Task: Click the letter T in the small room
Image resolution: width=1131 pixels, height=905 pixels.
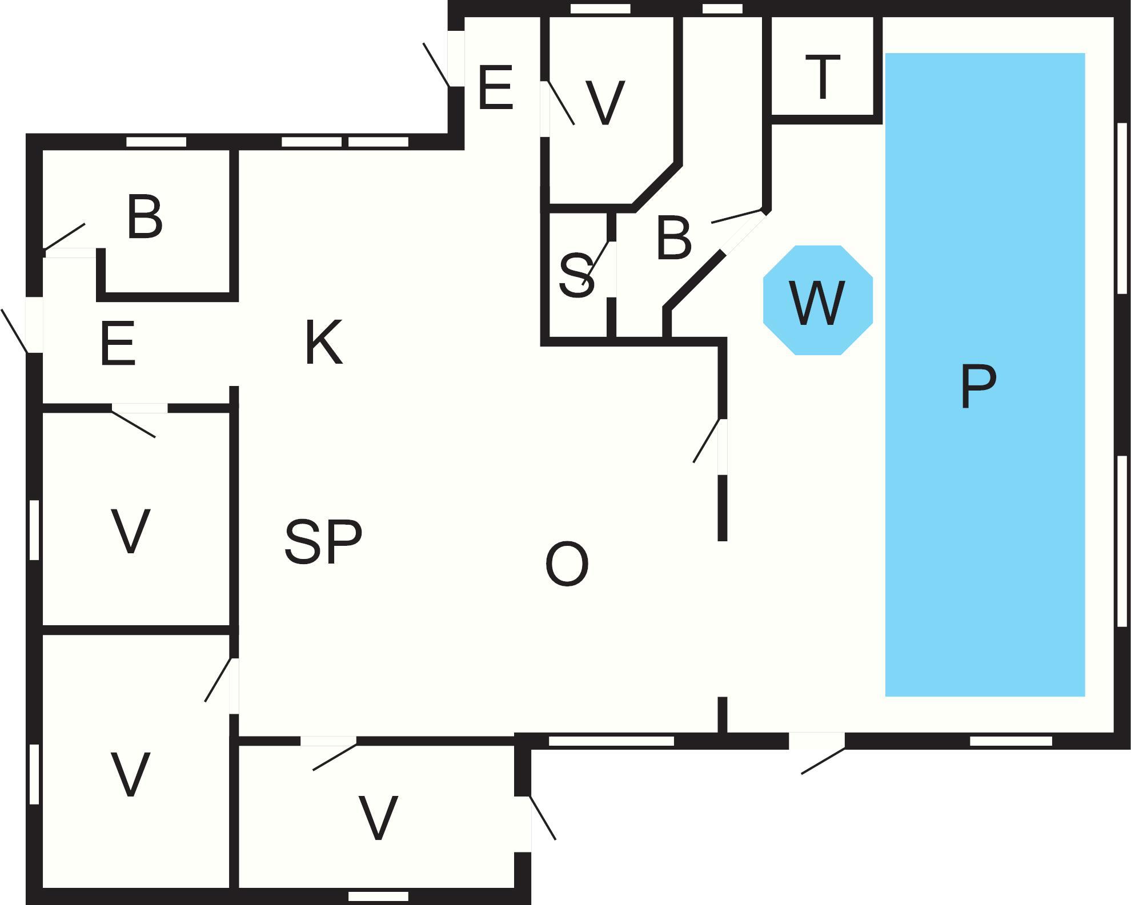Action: (x=823, y=77)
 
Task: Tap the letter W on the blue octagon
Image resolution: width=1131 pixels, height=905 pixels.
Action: (x=817, y=303)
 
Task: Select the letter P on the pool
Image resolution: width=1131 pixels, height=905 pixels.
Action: (x=978, y=387)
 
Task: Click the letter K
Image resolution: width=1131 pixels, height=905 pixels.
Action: (x=324, y=342)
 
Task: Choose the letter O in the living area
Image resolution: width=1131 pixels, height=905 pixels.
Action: (x=567, y=564)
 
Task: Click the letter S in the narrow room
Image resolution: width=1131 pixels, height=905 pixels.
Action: (x=576, y=276)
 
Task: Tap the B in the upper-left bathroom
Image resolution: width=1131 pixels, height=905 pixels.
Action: (x=145, y=217)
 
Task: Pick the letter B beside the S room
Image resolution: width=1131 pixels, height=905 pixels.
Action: (x=674, y=238)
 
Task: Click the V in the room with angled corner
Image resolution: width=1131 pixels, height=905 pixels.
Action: (x=605, y=103)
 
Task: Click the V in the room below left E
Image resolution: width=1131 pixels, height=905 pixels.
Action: (x=130, y=531)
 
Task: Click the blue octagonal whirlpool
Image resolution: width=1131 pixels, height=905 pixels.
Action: (x=818, y=300)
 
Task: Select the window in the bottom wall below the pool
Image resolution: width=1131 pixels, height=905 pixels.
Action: (x=1011, y=741)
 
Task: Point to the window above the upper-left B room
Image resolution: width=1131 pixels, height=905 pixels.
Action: (x=156, y=142)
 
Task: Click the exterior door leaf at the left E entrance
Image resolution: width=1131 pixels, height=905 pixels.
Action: (x=14, y=331)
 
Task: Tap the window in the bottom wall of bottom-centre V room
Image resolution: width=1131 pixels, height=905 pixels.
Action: (x=378, y=896)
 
